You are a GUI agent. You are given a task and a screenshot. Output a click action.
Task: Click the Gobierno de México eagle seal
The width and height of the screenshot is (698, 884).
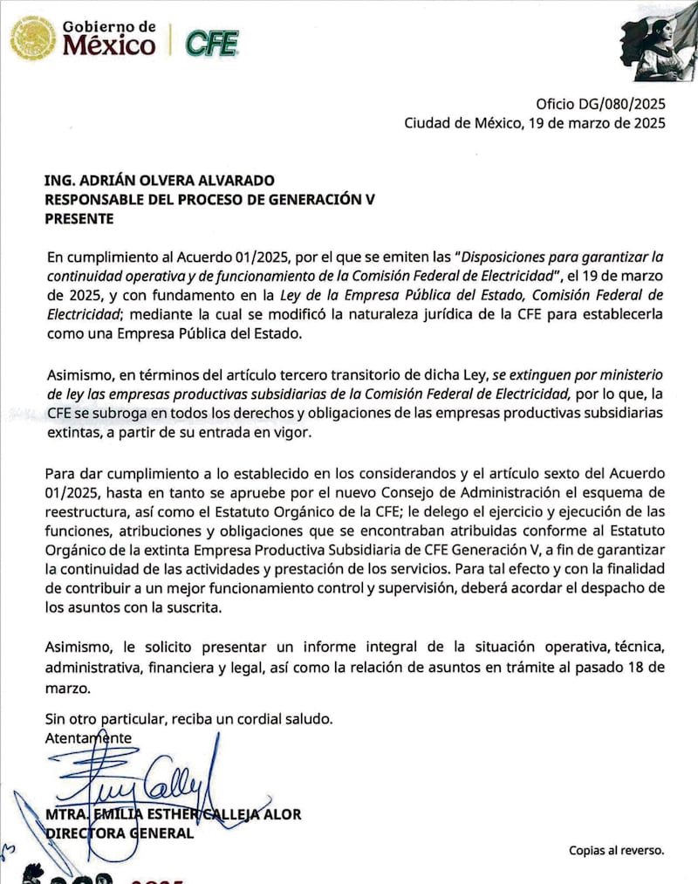33,38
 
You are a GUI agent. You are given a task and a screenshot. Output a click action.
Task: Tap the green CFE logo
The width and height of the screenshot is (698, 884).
212,42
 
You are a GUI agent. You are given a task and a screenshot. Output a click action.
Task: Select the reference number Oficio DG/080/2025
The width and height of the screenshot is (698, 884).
600,103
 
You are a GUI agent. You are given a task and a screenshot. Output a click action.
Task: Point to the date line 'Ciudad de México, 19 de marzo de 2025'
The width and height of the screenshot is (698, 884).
534,123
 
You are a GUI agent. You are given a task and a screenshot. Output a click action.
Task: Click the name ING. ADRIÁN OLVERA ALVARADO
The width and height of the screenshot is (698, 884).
160,181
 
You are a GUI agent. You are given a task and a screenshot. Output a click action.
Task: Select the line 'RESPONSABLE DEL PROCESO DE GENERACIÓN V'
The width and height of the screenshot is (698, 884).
209,200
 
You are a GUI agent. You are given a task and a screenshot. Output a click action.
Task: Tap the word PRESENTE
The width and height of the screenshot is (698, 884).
79,219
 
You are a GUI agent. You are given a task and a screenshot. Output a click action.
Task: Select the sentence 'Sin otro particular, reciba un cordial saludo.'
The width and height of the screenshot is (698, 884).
188,720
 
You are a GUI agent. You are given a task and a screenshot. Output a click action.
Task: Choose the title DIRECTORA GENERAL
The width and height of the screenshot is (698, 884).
120,833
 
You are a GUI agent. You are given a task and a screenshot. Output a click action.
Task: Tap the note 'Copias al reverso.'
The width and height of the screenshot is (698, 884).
617,849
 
